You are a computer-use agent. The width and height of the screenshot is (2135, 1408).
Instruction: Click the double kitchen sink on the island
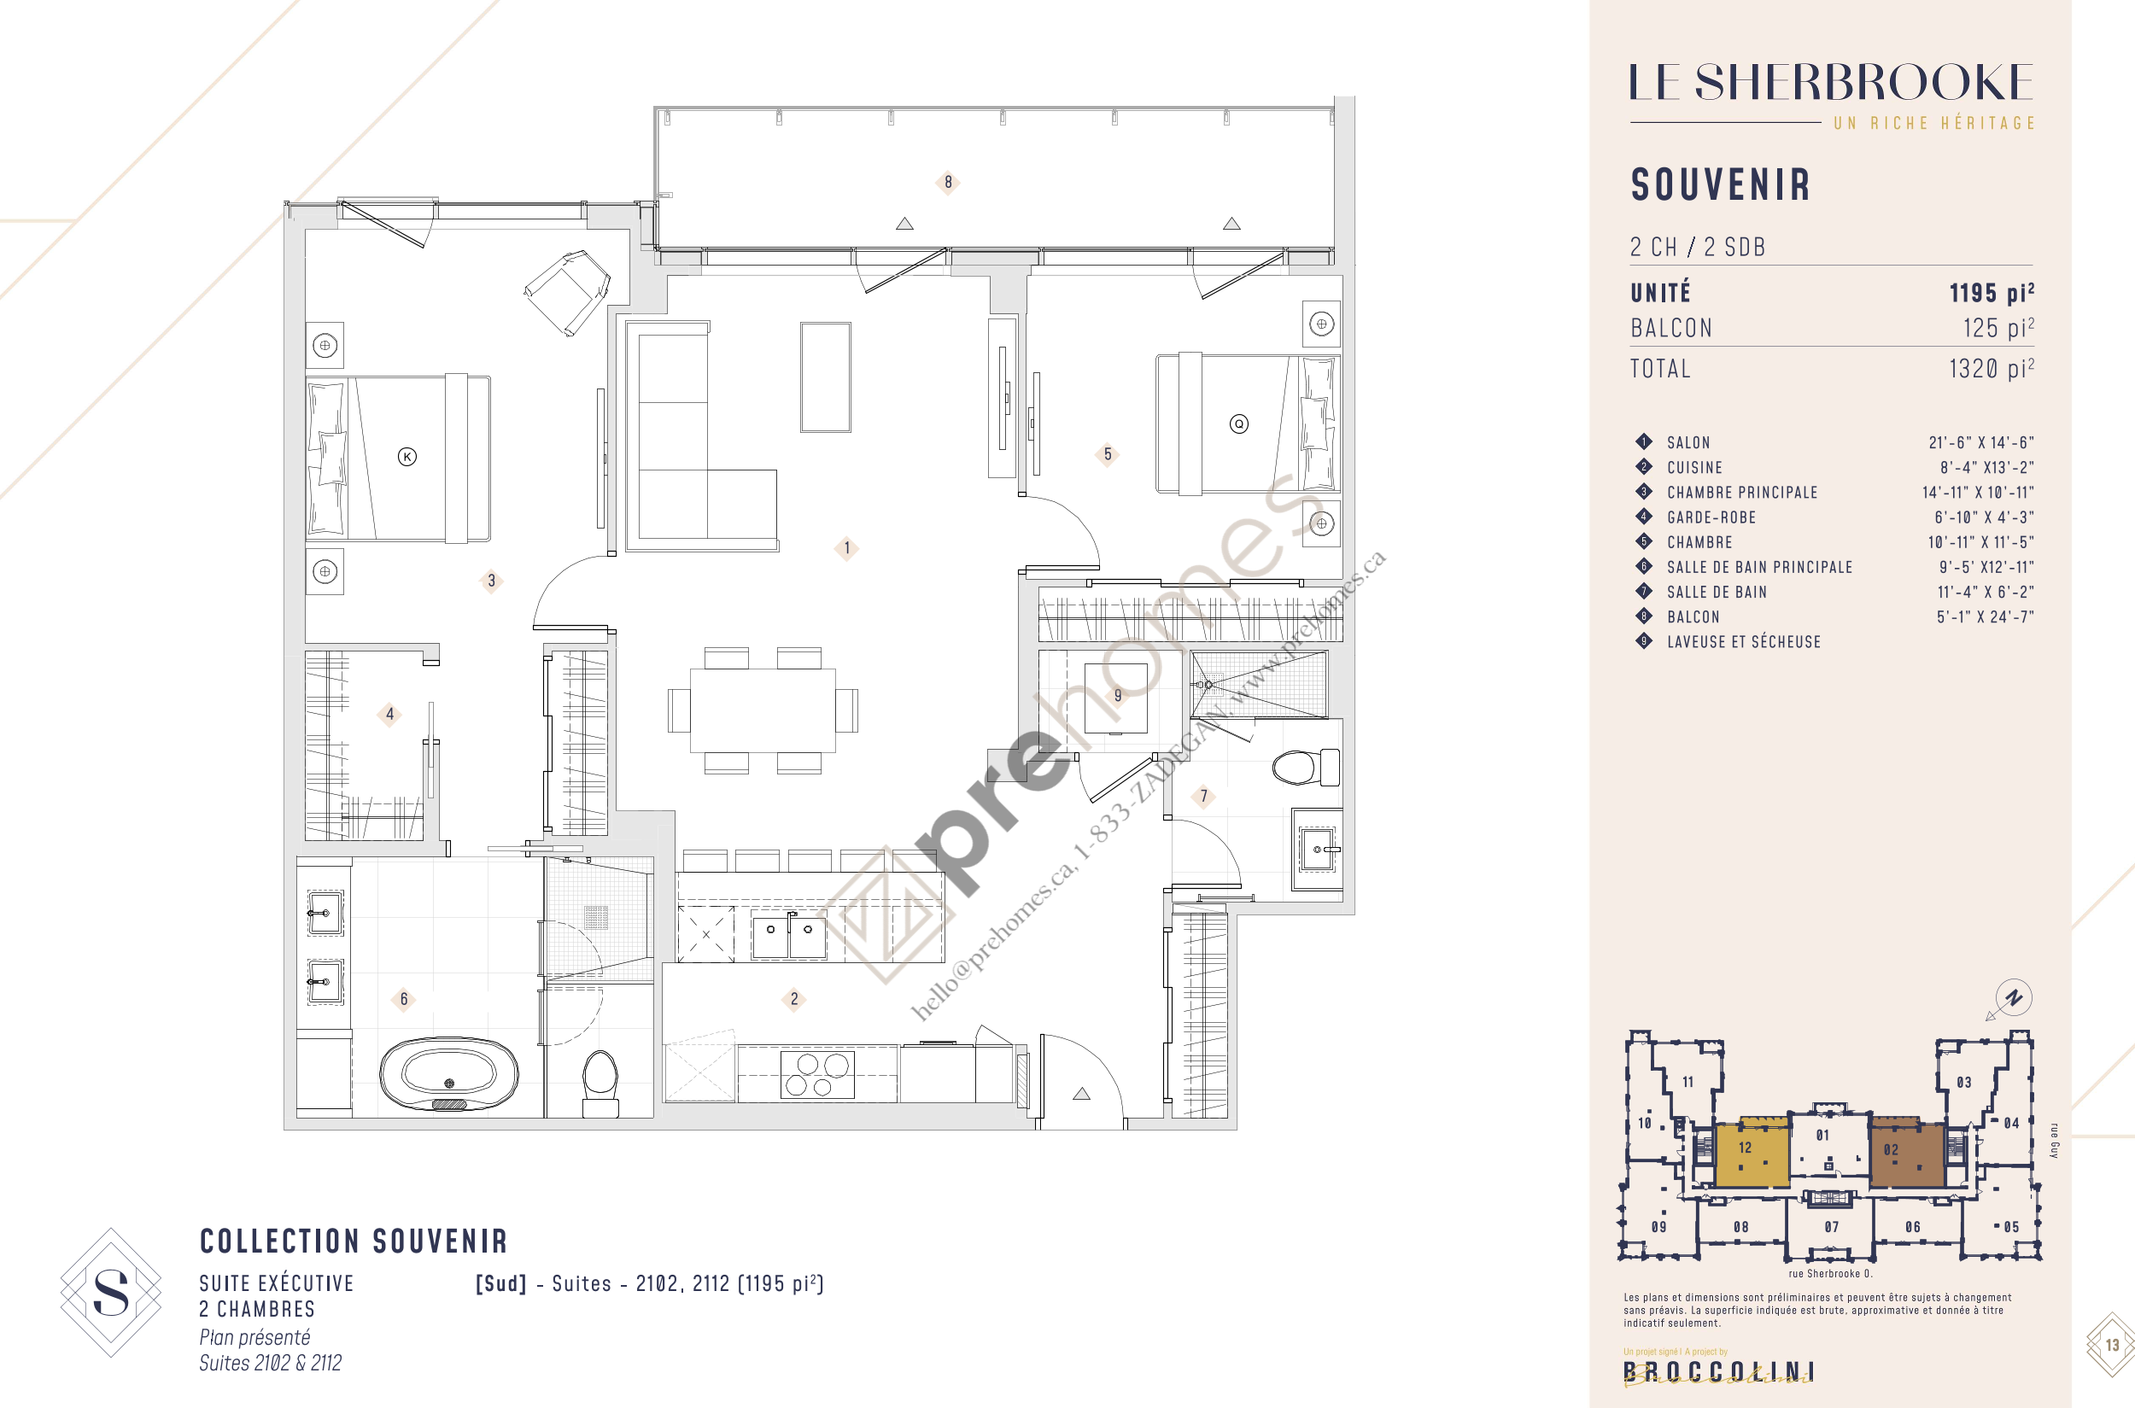click(x=788, y=934)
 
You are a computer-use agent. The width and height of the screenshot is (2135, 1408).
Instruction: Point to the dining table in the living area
click(x=762, y=710)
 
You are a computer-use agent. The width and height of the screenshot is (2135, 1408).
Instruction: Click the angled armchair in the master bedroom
click(x=568, y=291)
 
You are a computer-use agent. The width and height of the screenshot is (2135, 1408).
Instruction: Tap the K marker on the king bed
click(x=407, y=457)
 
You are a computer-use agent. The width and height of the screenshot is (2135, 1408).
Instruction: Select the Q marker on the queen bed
click(x=1238, y=424)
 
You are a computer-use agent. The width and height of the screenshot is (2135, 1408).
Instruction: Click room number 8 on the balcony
click(x=948, y=182)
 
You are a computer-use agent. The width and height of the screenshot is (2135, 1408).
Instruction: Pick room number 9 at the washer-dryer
click(x=1117, y=695)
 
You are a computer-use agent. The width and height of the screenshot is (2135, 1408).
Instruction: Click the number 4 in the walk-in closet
click(x=389, y=715)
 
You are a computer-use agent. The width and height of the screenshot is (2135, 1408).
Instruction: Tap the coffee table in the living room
click(x=826, y=377)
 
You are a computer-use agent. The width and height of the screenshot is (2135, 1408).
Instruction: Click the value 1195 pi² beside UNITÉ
click(x=1991, y=294)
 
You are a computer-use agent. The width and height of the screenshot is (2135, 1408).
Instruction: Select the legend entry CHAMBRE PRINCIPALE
click(x=1741, y=492)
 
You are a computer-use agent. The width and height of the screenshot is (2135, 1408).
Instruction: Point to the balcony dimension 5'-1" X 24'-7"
click(x=1984, y=616)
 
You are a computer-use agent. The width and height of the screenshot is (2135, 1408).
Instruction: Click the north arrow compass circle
click(x=2014, y=997)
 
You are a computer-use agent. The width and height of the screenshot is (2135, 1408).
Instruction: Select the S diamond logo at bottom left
click(x=110, y=1292)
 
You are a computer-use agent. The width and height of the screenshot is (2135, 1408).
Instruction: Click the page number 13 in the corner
click(x=2111, y=1344)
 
